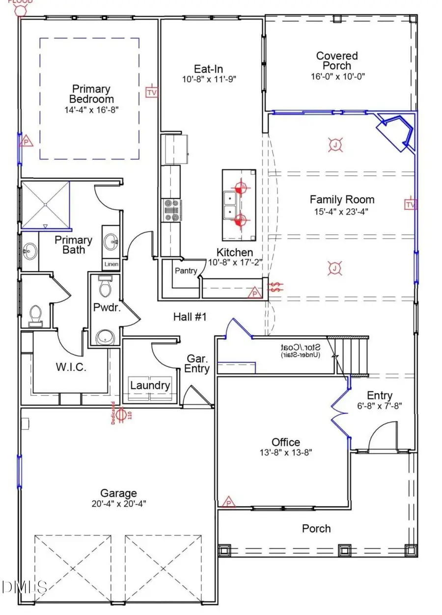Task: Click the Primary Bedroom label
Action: [91, 94]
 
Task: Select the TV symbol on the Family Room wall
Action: [411, 204]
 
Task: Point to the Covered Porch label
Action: [337, 61]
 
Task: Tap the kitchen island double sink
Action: [230, 205]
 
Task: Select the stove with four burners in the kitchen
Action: [172, 210]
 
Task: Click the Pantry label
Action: [186, 270]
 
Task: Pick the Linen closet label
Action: [111, 265]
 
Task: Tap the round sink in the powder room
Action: [105, 337]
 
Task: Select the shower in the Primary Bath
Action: [45, 205]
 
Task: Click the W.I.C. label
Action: [71, 367]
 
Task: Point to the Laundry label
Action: [150, 385]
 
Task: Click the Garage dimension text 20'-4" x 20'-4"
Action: [119, 503]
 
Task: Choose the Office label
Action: [286, 442]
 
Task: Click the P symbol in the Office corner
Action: [228, 502]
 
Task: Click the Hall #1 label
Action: [190, 317]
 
